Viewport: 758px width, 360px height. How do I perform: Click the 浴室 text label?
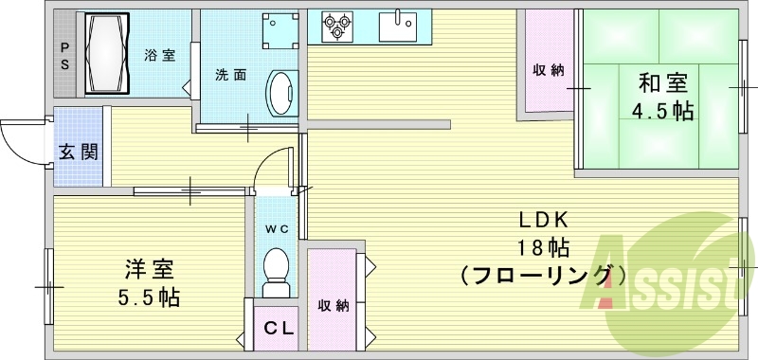[x=159, y=55]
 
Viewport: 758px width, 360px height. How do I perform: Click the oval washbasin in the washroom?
[x=280, y=94]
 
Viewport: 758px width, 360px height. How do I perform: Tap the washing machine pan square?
[x=279, y=35]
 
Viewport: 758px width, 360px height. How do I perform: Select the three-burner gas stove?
[x=337, y=27]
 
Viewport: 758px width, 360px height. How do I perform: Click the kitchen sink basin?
[x=402, y=27]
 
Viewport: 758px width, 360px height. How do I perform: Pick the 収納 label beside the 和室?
[x=548, y=69]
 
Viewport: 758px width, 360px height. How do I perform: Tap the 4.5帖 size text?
[x=662, y=111]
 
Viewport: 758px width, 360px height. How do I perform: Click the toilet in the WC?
[x=276, y=266]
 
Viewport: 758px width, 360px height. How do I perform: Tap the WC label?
[x=276, y=228]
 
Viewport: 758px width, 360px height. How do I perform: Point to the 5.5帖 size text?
[x=149, y=297]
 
